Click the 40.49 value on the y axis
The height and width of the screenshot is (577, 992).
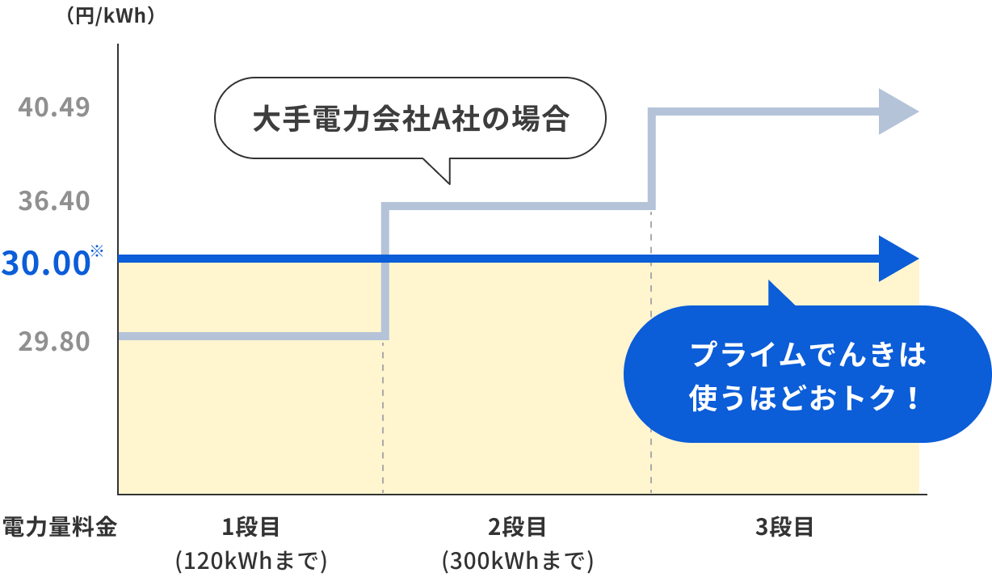54,107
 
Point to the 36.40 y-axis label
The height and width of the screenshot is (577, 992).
54,200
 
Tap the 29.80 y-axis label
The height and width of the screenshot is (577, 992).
54,342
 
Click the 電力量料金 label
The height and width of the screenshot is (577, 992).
61,529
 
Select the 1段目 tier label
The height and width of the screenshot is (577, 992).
251,529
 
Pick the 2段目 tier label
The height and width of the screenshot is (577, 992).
518,529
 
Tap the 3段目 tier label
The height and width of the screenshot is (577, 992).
784,529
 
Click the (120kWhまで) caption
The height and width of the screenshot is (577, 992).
251,560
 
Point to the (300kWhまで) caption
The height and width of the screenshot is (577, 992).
518,560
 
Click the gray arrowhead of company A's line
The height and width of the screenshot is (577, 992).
897,112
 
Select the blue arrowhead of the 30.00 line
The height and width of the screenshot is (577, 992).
897,259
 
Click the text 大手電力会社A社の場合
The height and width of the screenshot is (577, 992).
410,120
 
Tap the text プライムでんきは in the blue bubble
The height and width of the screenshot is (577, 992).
807,355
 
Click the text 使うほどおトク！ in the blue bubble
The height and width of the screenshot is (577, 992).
807,398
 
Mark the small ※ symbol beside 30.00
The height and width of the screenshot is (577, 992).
98,251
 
